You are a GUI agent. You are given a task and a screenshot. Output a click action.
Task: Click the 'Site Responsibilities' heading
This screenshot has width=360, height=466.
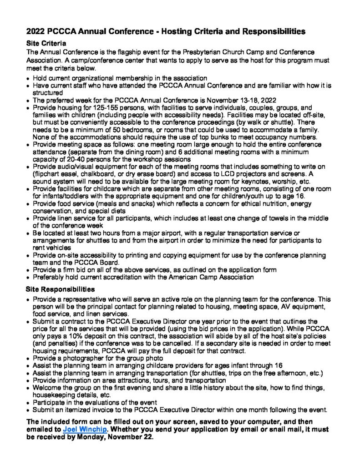coord(61,289)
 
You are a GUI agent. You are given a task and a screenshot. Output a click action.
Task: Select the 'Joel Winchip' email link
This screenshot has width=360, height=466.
coord(82,429)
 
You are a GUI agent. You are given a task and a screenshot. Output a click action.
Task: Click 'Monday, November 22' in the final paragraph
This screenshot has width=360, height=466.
coord(116,436)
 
